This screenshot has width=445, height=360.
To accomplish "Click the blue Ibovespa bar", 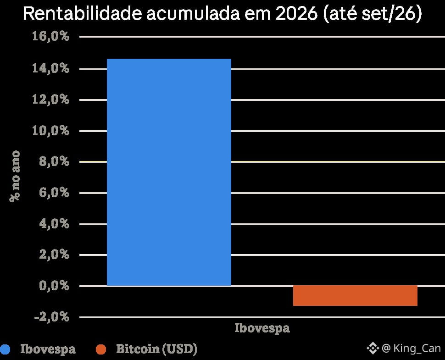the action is (x=169, y=172).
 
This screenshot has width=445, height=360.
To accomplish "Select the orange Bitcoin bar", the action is (x=355, y=296).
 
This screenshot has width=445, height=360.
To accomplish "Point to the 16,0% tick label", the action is (x=50, y=36).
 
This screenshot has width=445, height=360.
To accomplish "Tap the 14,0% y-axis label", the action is (x=50, y=68).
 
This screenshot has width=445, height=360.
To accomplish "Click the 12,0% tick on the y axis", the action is (x=50, y=100).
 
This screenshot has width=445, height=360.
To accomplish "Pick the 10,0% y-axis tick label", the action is (x=50, y=131).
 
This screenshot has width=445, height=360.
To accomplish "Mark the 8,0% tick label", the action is (x=54, y=161).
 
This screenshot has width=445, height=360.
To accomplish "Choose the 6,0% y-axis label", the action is (x=54, y=193).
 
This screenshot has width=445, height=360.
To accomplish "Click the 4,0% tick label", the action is (x=54, y=224).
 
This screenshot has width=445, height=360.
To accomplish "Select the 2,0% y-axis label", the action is (x=54, y=255).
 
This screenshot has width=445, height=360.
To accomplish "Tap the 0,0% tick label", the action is (x=54, y=286).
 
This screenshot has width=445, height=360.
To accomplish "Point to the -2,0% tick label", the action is (x=52, y=316).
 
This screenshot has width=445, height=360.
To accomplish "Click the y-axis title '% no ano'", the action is (x=15, y=176).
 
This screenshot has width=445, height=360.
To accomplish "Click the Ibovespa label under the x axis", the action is (x=262, y=328).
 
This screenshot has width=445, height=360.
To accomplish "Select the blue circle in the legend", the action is (x=5, y=349).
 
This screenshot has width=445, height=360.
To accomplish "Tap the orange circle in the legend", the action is (x=101, y=349).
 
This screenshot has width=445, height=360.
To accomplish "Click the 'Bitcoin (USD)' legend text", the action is (x=156, y=349).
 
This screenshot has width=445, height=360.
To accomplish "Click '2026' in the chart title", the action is (x=296, y=13).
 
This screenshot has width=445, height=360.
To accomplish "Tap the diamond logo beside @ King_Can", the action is (x=373, y=348).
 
